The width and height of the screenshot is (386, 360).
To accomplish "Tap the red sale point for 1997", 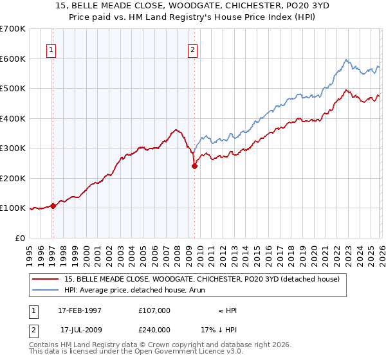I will point(53,206).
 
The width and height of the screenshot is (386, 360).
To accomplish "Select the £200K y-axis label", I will point(13,178).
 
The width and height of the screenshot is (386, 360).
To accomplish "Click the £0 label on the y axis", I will point(20,238).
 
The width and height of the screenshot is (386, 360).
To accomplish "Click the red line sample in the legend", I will point(46,279).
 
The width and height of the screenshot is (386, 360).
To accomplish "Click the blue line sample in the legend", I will point(46,290).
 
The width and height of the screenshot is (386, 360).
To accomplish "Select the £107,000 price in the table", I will point(154,310).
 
